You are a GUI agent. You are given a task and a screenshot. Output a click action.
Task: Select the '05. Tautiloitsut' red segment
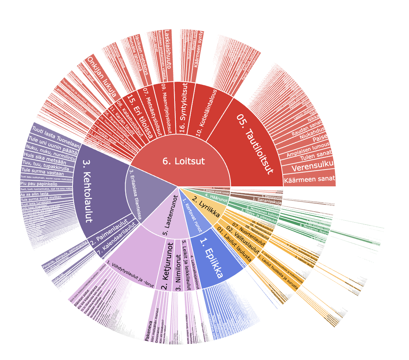(x=254, y=144)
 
